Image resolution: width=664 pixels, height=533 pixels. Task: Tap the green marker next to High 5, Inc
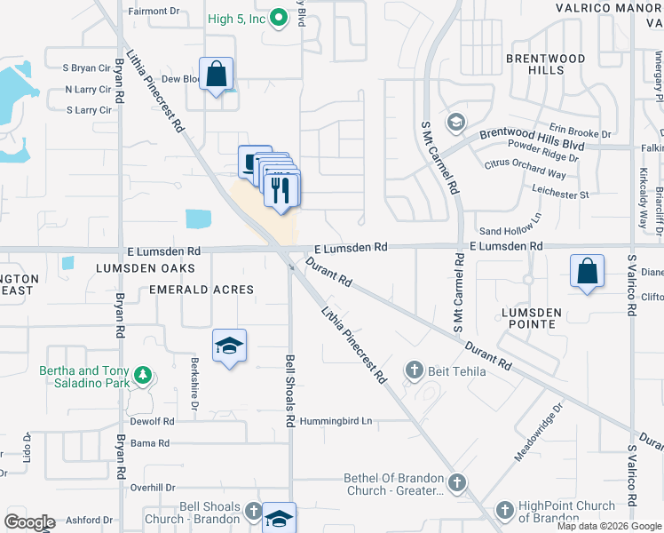pos(279,17)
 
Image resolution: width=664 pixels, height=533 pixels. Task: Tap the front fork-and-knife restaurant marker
pos(282,190)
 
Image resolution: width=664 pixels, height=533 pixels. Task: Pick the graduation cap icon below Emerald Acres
pos(230,346)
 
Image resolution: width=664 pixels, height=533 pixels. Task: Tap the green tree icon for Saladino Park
pos(141,377)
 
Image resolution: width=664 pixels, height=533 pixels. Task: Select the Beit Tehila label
pos(456,371)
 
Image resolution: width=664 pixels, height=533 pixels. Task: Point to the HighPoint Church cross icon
pos(505,511)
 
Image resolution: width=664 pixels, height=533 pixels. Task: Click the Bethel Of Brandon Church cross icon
pos(456,483)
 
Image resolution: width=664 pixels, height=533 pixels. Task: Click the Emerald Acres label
pos(202,290)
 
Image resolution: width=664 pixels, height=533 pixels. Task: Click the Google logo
pos(28,522)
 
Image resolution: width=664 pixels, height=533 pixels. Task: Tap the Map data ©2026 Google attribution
pos(609,526)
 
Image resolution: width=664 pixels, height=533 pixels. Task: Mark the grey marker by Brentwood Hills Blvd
pos(456,121)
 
